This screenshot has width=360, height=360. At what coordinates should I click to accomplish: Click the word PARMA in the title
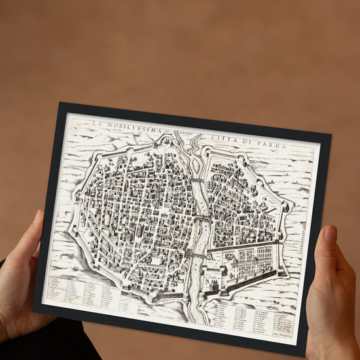[273, 143]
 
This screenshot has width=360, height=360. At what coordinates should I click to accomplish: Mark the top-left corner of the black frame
[60, 103]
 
